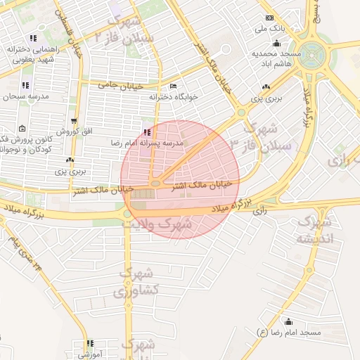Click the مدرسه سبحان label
[26, 96]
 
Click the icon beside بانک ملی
[268, 18]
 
